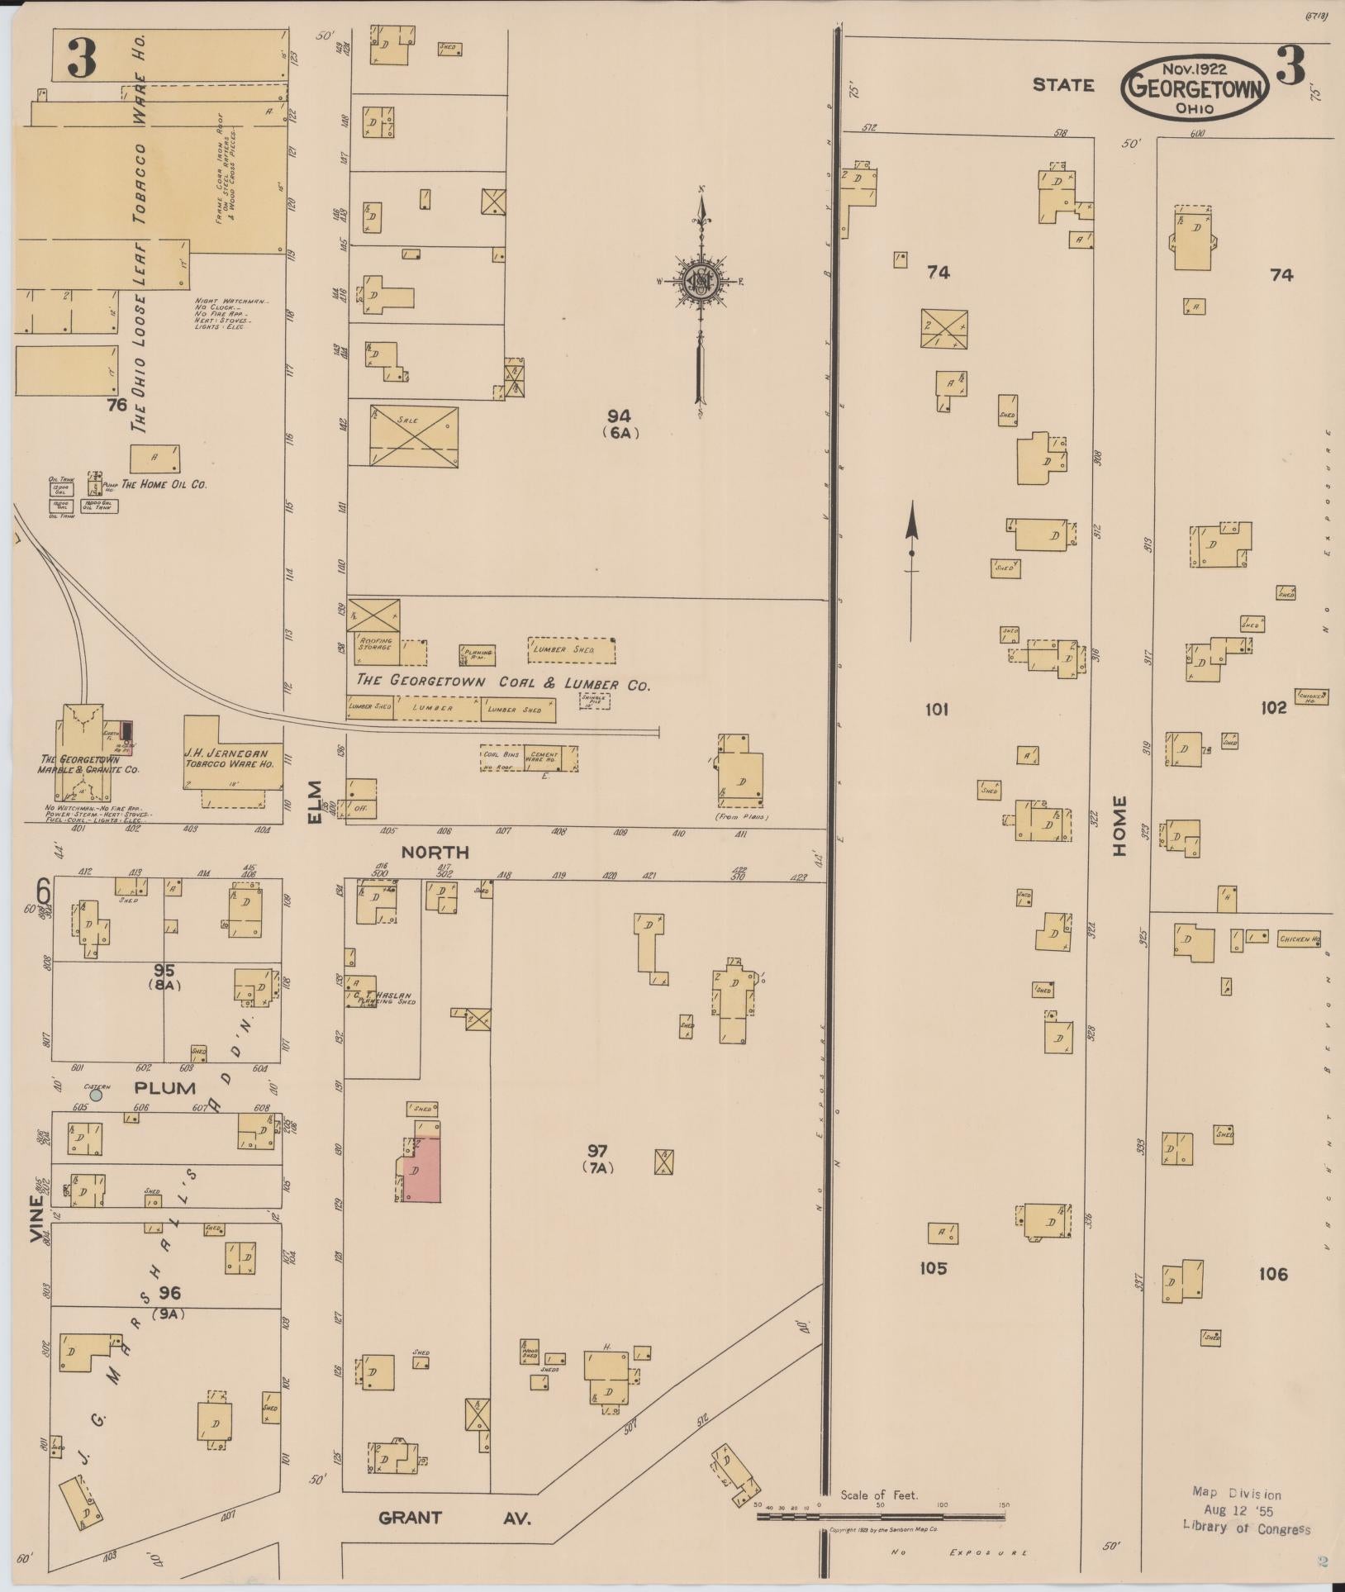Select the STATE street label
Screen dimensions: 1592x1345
pyautogui.click(x=1062, y=84)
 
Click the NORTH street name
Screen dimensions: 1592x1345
pyautogui.click(x=435, y=852)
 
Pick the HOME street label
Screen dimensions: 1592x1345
pyautogui.click(x=1119, y=825)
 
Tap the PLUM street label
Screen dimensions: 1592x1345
pyautogui.click(x=165, y=1087)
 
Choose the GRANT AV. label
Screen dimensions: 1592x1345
pyautogui.click(x=453, y=1517)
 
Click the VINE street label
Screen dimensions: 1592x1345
pyautogui.click(x=35, y=1219)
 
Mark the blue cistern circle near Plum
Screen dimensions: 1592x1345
pyautogui.click(x=96, y=1095)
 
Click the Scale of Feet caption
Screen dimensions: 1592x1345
pyautogui.click(x=879, y=1495)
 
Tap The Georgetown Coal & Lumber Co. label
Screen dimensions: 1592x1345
pyautogui.click(x=502, y=683)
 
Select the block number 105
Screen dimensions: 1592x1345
pyautogui.click(x=933, y=1267)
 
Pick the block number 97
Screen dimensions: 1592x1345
pyautogui.click(x=597, y=1150)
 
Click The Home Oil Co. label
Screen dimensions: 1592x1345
pyautogui.click(x=164, y=484)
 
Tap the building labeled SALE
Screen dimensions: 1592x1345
pyautogui.click(x=413, y=435)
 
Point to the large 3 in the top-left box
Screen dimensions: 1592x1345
pyautogui.click(x=82, y=58)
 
